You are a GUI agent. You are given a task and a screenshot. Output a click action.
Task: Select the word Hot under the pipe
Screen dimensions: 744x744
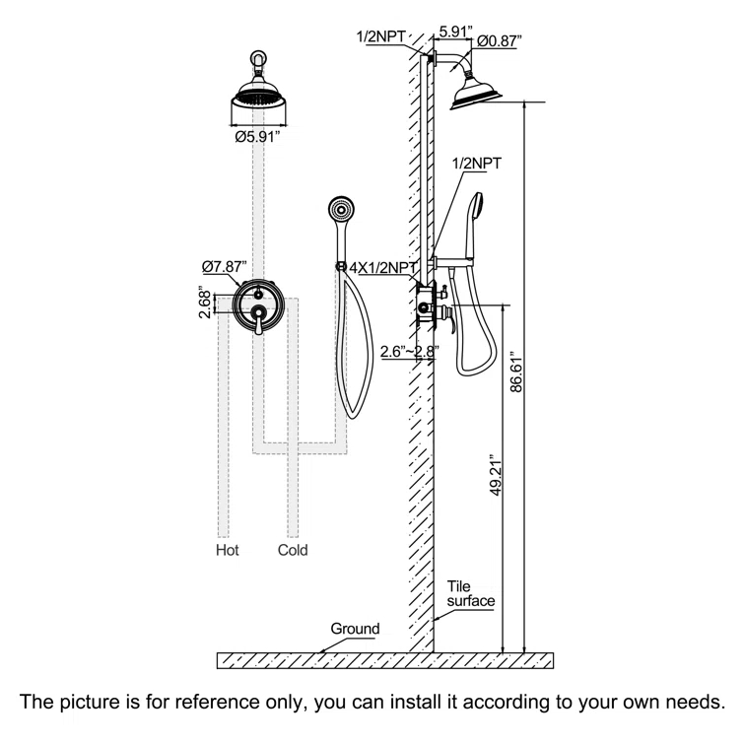(x=228, y=550)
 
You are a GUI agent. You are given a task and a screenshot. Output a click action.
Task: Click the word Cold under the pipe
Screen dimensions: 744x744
(x=293, y=550)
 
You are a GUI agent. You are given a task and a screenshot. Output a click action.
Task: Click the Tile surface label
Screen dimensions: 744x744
(x=470, y=593)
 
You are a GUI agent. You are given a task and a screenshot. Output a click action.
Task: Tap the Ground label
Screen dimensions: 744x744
(x=355, y=629)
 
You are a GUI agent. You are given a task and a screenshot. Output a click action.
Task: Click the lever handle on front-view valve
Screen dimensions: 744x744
(x=258, y=320)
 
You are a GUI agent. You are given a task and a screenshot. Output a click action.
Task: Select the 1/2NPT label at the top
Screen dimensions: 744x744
(x=381, y=38)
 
